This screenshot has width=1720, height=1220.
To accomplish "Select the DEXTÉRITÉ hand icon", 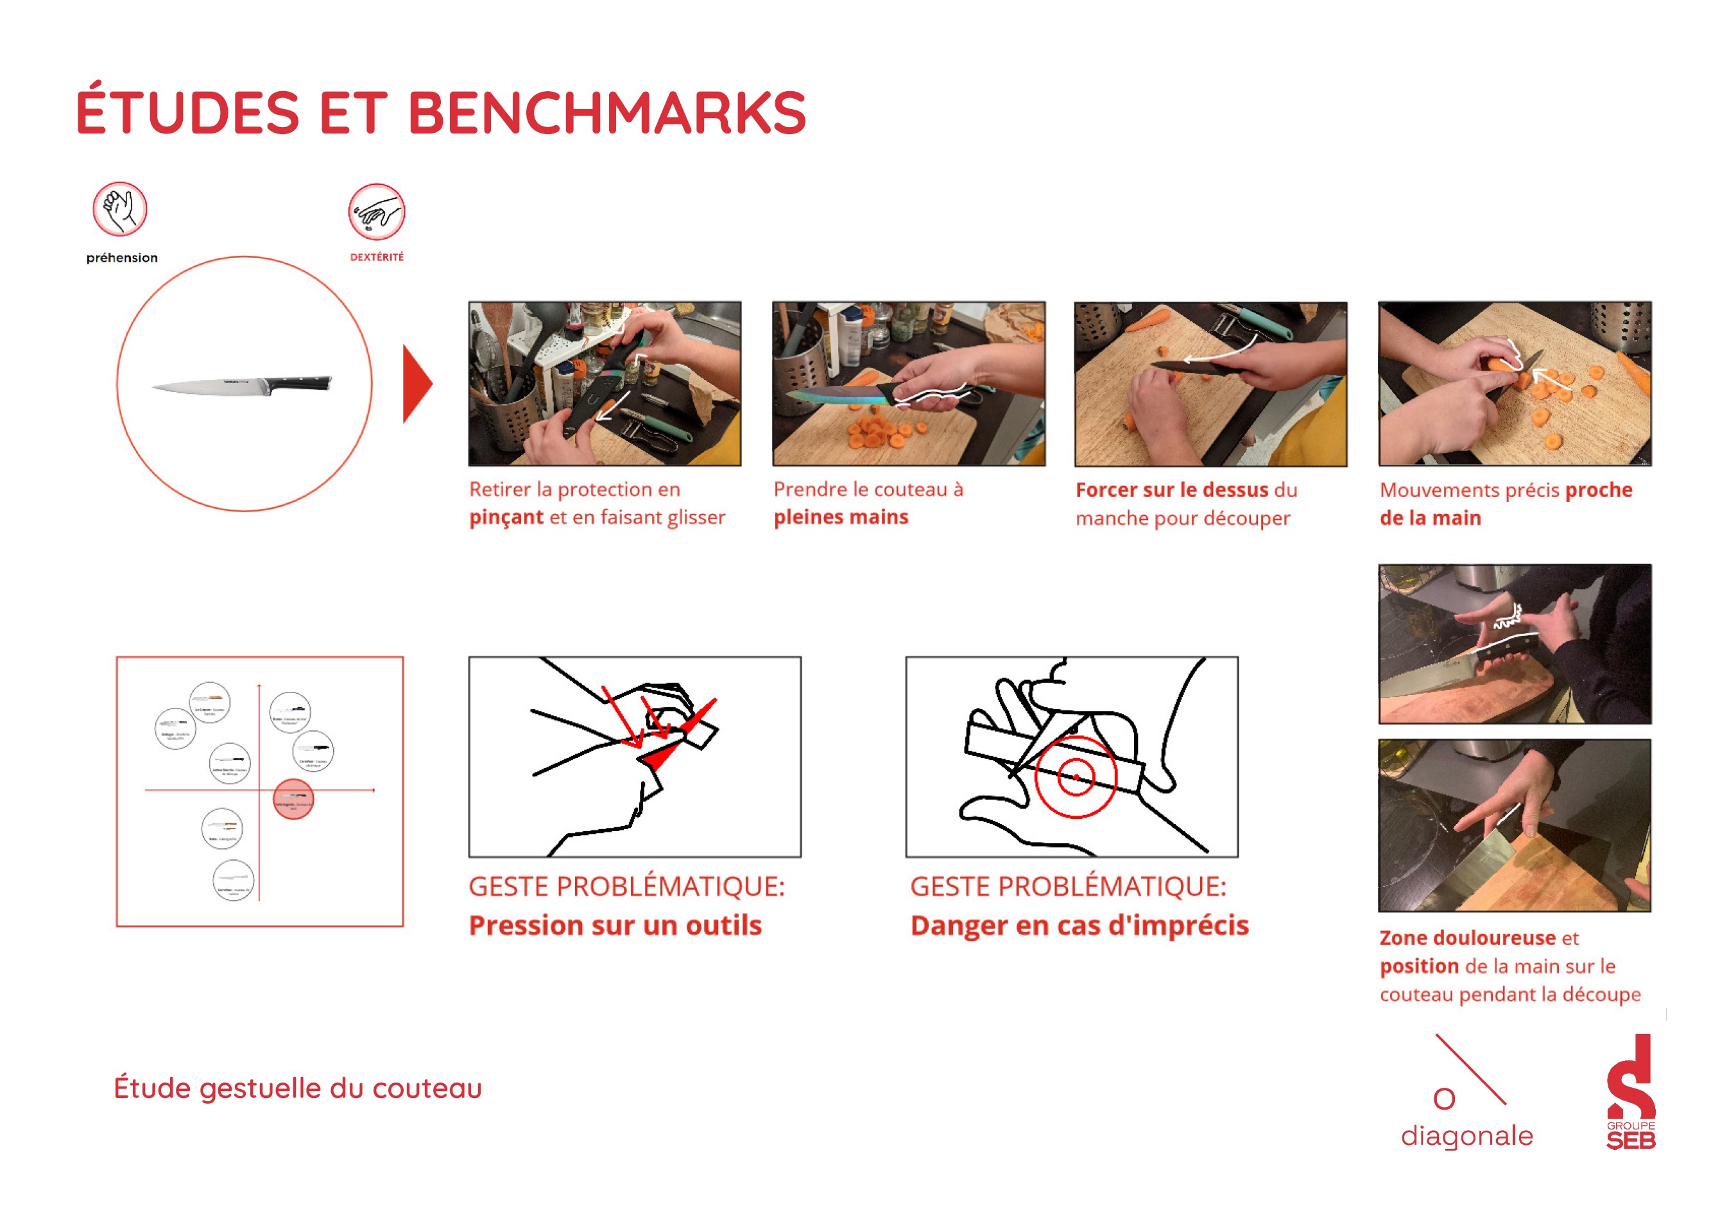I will (x=376, y=212).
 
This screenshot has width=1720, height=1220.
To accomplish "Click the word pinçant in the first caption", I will (x=506, y=518).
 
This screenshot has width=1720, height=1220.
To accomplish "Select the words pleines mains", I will (x=841, y=518).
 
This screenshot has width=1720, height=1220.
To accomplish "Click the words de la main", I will (x=1429, y=519).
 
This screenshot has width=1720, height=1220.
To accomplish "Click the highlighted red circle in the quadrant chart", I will (x=293, y=799).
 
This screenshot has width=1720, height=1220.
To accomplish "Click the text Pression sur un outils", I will (x=614, y=925).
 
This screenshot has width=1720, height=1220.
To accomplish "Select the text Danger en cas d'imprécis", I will (x=1079, y=925).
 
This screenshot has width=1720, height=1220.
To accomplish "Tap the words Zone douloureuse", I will (x=1467, y=938).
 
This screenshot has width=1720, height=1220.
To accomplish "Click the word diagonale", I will (x=1466, y=1136).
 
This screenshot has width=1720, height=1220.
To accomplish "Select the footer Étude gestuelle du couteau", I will (x=297, y=1088).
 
